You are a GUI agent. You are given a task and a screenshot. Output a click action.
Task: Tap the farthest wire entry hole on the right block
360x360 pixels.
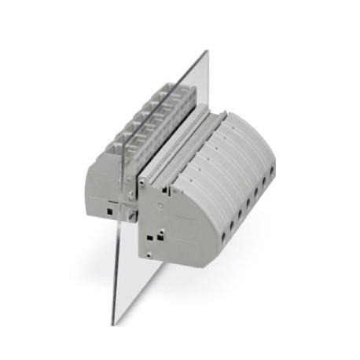(x=272, y=170)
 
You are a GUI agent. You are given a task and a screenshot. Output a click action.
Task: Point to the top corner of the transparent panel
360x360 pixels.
(x=207, y=52)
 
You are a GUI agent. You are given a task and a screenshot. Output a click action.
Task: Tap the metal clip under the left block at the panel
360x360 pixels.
(x=129, y=211)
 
